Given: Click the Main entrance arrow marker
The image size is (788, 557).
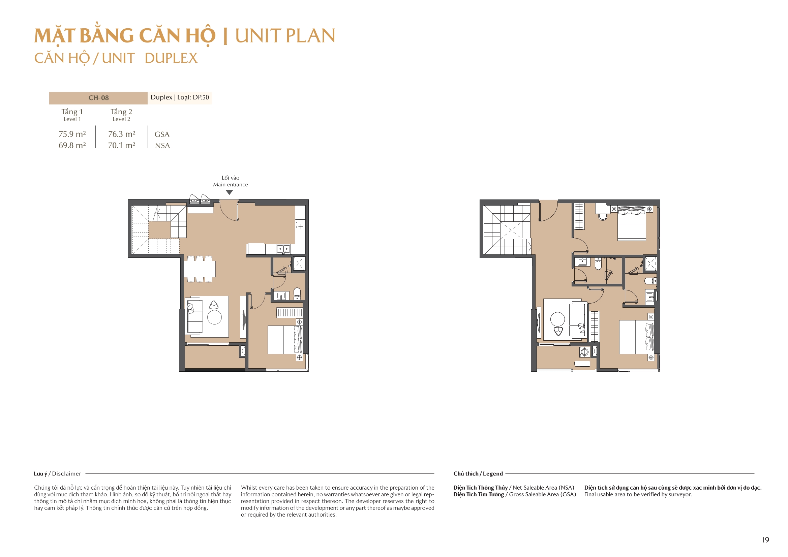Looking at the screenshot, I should point(229,192).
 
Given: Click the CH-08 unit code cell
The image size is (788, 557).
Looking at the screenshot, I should point(98,98).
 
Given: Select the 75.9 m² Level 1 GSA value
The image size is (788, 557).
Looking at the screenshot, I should point(72,134).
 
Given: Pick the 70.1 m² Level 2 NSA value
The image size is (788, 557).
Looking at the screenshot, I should point(121,146).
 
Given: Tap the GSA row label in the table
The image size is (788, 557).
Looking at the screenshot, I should point(162,134).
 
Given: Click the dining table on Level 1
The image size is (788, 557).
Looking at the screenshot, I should point(200,269).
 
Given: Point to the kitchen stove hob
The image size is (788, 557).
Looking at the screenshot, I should point(300,225).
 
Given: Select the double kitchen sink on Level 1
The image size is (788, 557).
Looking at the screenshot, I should point(283,249).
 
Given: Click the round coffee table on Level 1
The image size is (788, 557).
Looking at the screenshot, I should point(214,317).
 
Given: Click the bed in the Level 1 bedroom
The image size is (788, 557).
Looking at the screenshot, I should point(284,340).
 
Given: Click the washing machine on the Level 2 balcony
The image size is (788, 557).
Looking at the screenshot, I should point(584,352).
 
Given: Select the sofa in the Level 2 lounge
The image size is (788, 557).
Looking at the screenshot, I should point(577,320).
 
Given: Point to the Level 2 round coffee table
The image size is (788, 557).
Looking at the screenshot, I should point(557,319).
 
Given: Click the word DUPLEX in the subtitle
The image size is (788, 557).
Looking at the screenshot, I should point(171,58).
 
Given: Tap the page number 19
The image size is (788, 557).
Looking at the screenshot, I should point(765,540).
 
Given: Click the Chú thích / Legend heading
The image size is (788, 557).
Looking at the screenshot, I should point(478,474).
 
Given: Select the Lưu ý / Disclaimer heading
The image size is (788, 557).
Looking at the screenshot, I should point(57,474).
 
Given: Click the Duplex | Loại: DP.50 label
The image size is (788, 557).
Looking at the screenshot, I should point(180,97).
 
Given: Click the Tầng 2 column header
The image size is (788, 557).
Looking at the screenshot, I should point(121,112).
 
